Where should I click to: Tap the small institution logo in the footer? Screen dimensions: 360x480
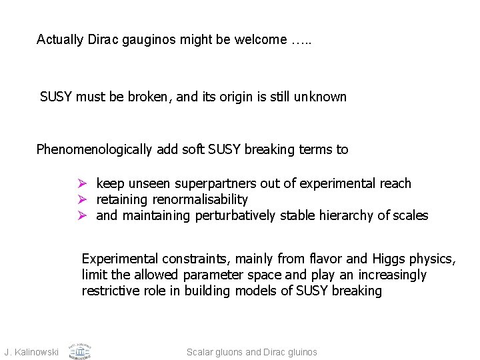80,350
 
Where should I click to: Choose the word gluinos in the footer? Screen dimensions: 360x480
301,351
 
